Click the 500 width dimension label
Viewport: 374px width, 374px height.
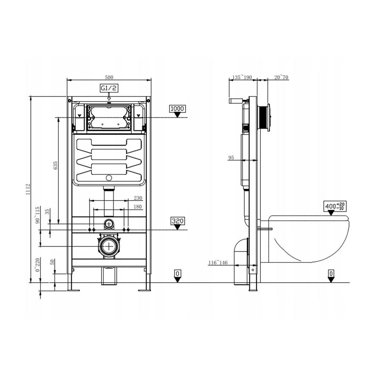pos(109,77)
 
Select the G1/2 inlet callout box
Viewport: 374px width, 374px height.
pos(108,88)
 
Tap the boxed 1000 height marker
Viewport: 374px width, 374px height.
pos(178,108)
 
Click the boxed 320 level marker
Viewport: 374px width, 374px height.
pos(178,221)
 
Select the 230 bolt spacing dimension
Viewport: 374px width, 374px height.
pos(137,198)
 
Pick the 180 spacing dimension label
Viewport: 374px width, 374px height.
pos(137,207)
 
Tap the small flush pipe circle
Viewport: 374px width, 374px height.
pos(109,223)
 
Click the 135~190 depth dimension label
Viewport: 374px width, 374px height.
pos(242,77)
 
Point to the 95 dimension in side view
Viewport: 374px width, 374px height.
pos(231,157)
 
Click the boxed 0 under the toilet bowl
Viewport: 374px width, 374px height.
pos(331,273)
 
